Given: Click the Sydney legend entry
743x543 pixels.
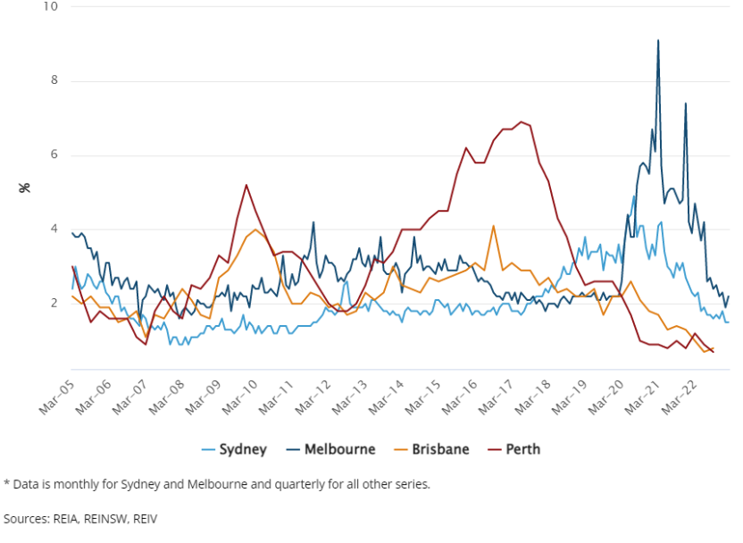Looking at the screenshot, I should pyautogui.click(x=234, y=449).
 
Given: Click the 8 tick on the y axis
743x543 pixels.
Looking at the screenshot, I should pyautogui.click(x=54, y=80).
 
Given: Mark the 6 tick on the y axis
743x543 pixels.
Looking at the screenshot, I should pyautogui.click(x=54, y=155).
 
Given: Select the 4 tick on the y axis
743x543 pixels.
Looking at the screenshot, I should pyautogui.click(x=54, y=229).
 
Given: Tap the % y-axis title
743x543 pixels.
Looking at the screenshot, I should pyautogui.click(x=25, y=188).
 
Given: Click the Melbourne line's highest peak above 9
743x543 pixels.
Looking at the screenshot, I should pyautogui.click(x=658, y=40).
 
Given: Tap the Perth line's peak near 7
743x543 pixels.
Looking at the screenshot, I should pyautogui.click(x=522, y=121).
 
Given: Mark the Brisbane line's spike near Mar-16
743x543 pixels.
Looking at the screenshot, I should pyautogui.click(x=493, y=226).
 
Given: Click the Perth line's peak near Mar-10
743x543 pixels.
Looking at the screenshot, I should pyautogui.click(x=246, y=185).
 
